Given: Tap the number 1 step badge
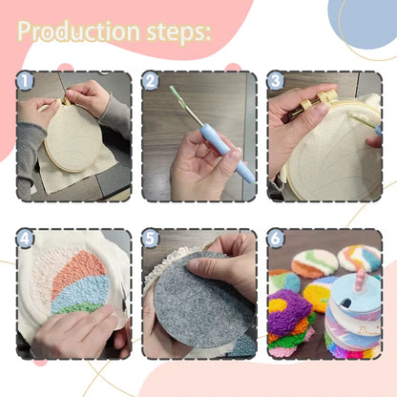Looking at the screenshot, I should coord(26,82).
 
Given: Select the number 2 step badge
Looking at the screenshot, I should coord(150,82).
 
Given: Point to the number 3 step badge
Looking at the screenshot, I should coord(276,82).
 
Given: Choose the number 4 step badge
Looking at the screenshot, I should coord(26,240).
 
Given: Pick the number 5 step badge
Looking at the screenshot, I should coord(150,240).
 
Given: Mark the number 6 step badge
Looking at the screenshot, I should coord(276,240).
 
